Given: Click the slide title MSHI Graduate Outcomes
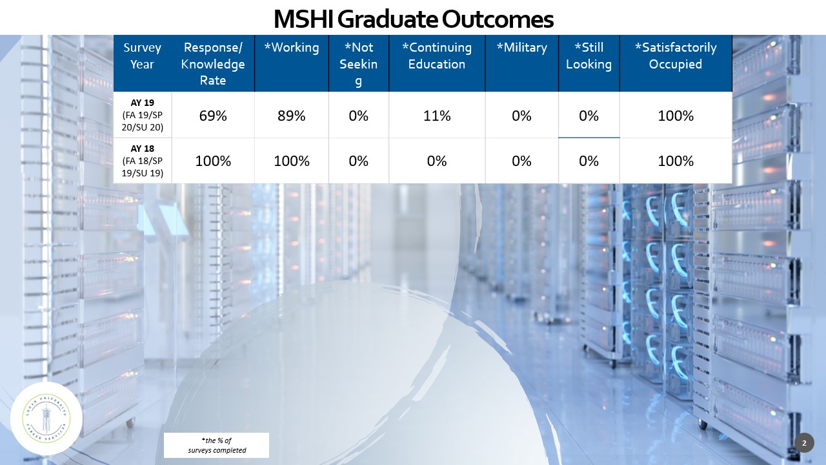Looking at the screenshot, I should pyautogui.click(x=413, y=19).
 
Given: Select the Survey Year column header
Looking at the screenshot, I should pyautogui.click(x=142, y=56).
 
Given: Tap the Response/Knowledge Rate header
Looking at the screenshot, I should pyautogui.click(x=213, y=64).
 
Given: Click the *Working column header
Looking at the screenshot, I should pyautogui.click(x=292, y=48).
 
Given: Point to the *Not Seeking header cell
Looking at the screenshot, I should pyautogui.click(x=358, y=64).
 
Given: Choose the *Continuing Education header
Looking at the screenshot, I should pyautogui.click(x=437, y=56).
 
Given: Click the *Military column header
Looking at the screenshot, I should pyautogui.click(x=521, y=48).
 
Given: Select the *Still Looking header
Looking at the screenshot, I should pyautogui.click(x=589, y=56).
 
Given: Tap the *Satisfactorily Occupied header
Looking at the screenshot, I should pyautogui.click(x=676, y=56).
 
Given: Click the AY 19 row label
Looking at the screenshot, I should pyautogui.click(x=143, y=115).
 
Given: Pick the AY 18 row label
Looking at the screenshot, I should pyautogui.click(x=143, y=161).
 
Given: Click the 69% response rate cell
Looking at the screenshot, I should pyautogui.click(x=213, y=116).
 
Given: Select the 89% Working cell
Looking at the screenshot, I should pyautogui.click(x=292, y=116).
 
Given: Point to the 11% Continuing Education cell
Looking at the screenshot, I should pyautogui.click(x=437, y=116).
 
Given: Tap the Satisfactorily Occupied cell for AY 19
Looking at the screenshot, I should pyautogui.click(x=676, y=116).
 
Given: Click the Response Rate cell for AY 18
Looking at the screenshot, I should pyautogui.click(x=213, y=161).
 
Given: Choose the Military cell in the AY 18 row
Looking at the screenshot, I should pyautogui.click(x=521, y=161).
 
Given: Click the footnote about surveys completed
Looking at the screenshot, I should pyautogui.click(x=217, y=445).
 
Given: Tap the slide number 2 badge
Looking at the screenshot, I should pyautogui.click(x=804, y=443).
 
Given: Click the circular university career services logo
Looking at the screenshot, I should pyautogui.click(x=46, y=418).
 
